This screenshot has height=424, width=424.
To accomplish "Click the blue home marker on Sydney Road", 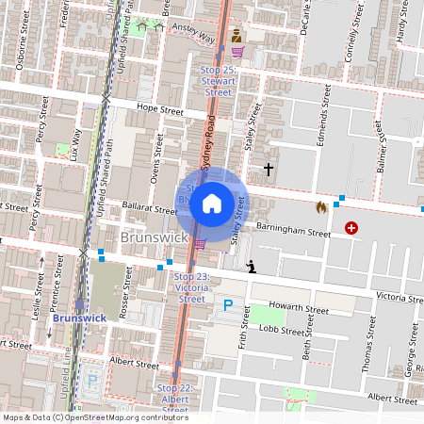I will click(x=212, y=202).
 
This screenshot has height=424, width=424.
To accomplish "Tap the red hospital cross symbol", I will click(x=351, y=227).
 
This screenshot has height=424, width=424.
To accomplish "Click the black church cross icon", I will click(x=269, y=170).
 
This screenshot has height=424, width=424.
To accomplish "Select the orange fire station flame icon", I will click(x=321, y=205).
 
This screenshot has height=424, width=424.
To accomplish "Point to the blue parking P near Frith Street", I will click(x=227, y=304).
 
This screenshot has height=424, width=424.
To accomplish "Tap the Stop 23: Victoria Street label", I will click(x=191, y=287).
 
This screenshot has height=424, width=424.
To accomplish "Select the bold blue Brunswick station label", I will click(x=79, y=318).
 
